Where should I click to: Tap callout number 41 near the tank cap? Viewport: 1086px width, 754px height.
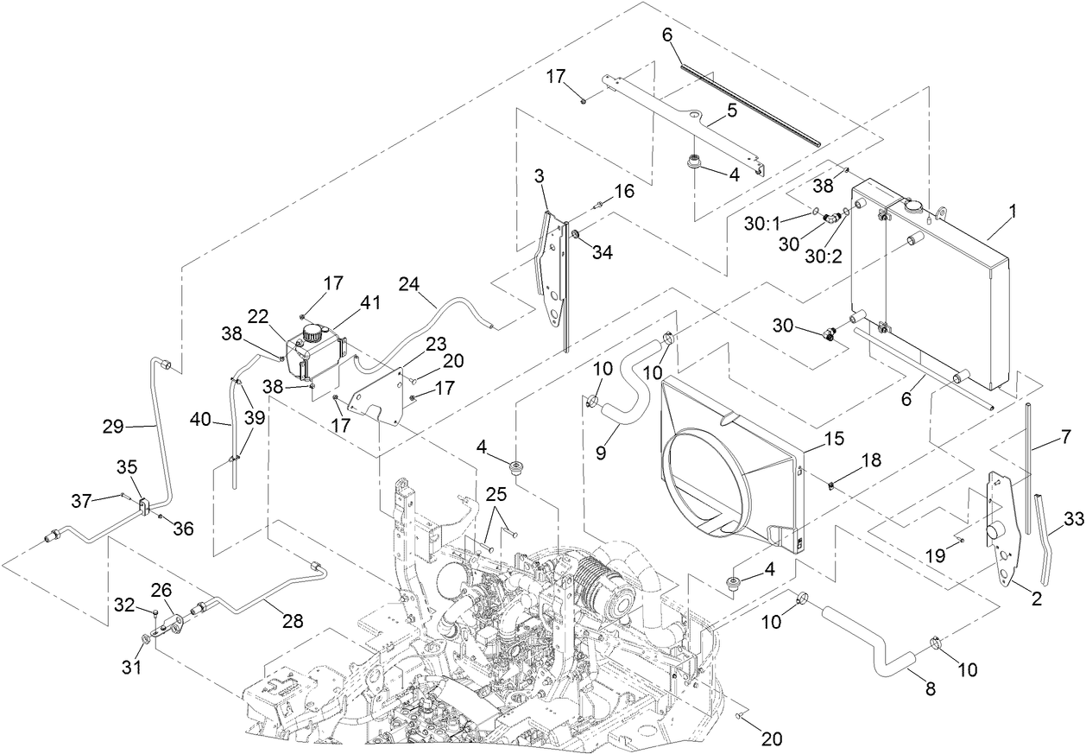(x=370, y=302)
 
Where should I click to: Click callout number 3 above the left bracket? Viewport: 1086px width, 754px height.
(x=539, y=176)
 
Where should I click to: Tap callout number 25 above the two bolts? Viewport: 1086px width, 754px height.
(x=496, y=493)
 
